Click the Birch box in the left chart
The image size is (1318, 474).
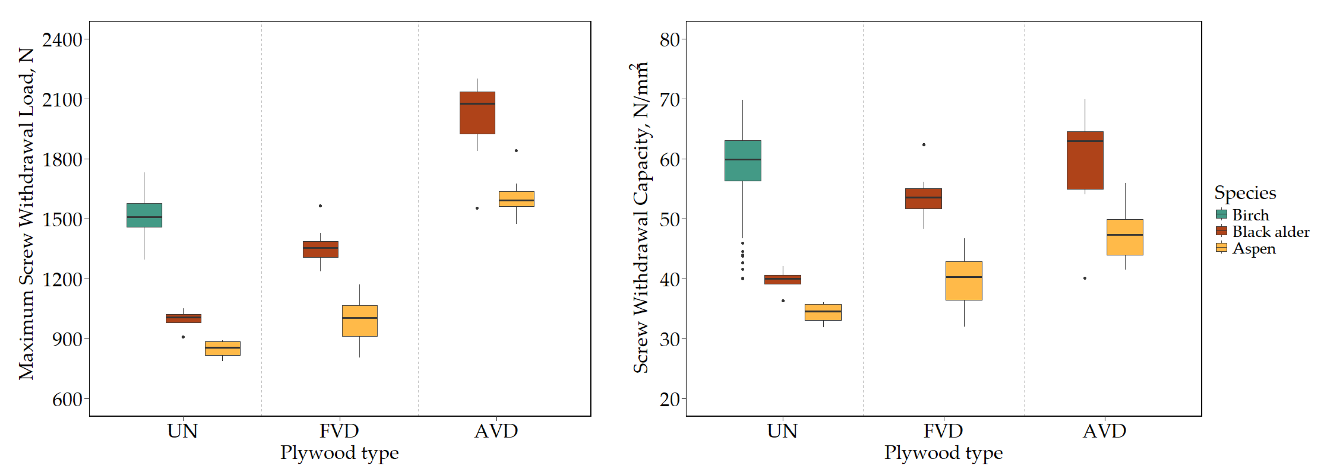coord(144,215)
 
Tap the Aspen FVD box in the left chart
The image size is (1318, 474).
coord(360,321)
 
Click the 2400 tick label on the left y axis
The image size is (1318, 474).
coord(62,40)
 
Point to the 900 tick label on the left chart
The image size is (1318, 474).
coord(67,339)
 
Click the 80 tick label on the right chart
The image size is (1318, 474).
coord(669,40)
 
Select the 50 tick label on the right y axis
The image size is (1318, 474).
coord(669,220)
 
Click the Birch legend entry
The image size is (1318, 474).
coord(1250,215)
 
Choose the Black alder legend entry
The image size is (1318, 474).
coord(1270,232)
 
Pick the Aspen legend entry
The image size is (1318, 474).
coord(1254,249)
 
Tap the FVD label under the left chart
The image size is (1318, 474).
coord(339,431)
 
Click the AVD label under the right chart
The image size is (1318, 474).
coord(1104,431)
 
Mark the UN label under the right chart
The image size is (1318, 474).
coord(782,431)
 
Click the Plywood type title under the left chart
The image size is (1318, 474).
coord(339,453)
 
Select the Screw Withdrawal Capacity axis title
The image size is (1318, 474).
coord(640,217)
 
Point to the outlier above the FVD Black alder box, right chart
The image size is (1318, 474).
coord(923,145)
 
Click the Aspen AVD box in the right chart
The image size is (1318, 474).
coord(1125,237)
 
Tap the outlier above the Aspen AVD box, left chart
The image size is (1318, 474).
coord(516,151)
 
